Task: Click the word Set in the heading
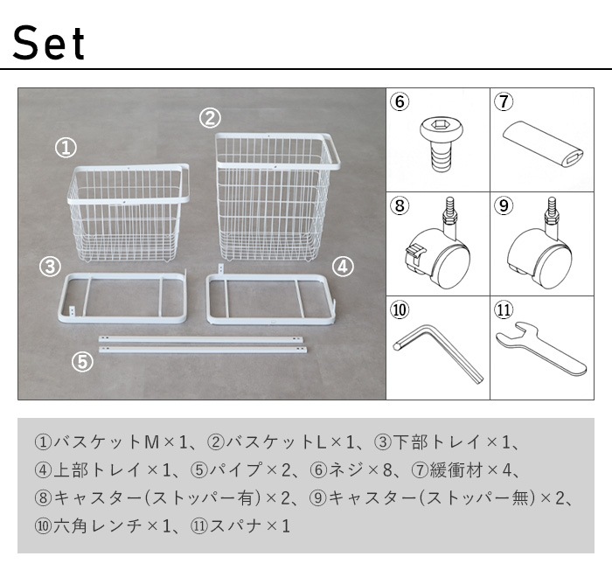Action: coord(51,42)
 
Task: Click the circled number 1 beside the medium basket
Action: coord(65,148)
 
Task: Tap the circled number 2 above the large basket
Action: coord(209,116)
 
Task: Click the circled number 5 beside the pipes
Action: coord(82,361)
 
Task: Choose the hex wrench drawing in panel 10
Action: coord(436,354)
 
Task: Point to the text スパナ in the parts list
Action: coord(234,526)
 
